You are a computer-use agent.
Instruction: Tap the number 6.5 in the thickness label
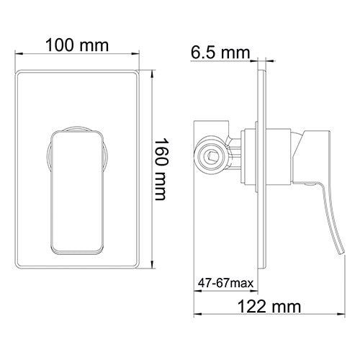204,52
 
